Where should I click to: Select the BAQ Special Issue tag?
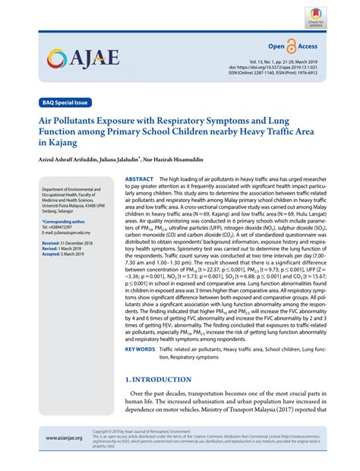(64, 101)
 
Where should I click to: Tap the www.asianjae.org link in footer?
(64, 460)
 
